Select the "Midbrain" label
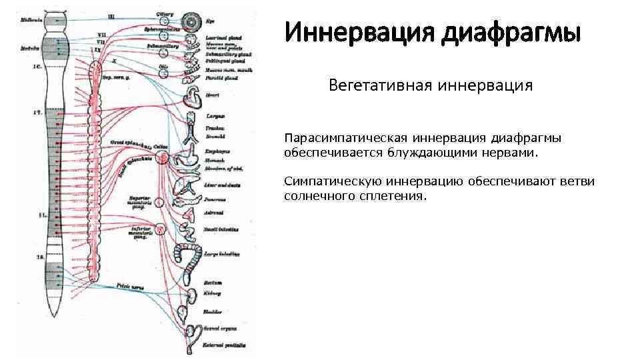tap(31, 21)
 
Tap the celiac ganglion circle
tap(162, 156)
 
